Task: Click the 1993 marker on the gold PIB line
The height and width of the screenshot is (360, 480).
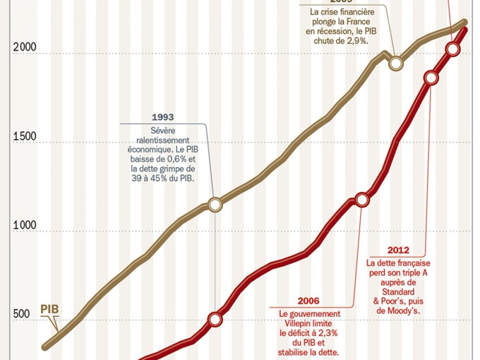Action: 215,204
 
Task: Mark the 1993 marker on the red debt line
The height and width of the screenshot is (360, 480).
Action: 215,319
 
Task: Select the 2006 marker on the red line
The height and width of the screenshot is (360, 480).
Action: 362,200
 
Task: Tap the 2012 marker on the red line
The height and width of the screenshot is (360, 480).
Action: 431,78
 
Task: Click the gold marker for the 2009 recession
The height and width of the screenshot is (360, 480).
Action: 396,63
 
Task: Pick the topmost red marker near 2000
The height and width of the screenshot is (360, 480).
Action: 452,49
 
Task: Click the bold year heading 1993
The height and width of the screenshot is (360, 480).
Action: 163,118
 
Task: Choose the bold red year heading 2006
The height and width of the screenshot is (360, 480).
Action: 308,301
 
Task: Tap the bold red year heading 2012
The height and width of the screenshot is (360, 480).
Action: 398,250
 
